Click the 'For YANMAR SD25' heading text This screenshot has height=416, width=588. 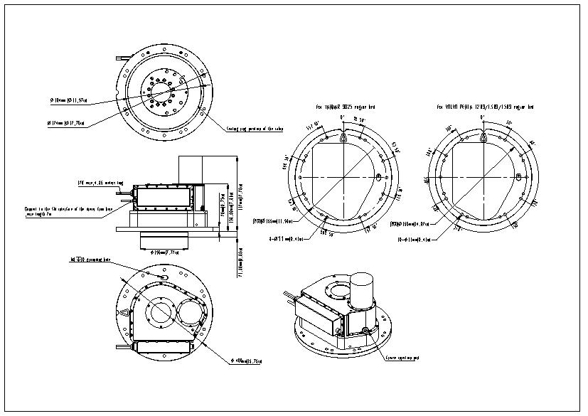click(x=346, y=107)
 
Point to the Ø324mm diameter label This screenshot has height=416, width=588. click(x=66, y=122)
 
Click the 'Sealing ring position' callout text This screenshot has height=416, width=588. click(x=255, y=129)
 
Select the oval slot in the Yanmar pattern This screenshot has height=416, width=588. click(x=378, y=176)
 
